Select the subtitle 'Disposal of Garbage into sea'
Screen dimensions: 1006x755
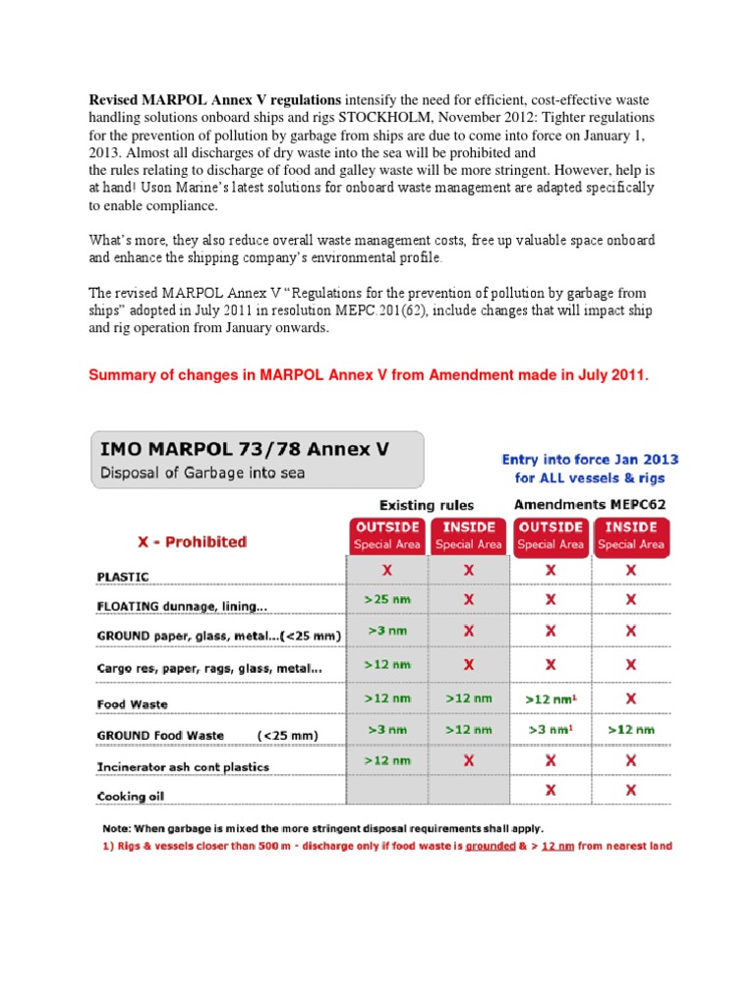coord(200,473)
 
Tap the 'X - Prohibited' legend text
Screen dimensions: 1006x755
coord(192,542)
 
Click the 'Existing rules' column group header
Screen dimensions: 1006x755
coord(428,505)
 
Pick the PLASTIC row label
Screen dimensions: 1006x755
coord(123,576)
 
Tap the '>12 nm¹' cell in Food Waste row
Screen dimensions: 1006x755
coord(551,699)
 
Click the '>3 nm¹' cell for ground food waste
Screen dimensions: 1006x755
coord(551,730)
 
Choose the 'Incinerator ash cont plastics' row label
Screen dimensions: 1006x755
coord(183,766)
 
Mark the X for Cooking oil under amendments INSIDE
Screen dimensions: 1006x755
coord(630,790)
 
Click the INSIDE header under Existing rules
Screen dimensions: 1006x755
coord(468,534)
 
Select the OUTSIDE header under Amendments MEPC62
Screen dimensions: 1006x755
coord(551,534)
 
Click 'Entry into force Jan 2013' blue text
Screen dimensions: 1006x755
coord(590,459)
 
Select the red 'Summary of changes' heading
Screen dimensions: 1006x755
coord(370,374)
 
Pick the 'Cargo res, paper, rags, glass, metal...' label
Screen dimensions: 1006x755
coord(208,669)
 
